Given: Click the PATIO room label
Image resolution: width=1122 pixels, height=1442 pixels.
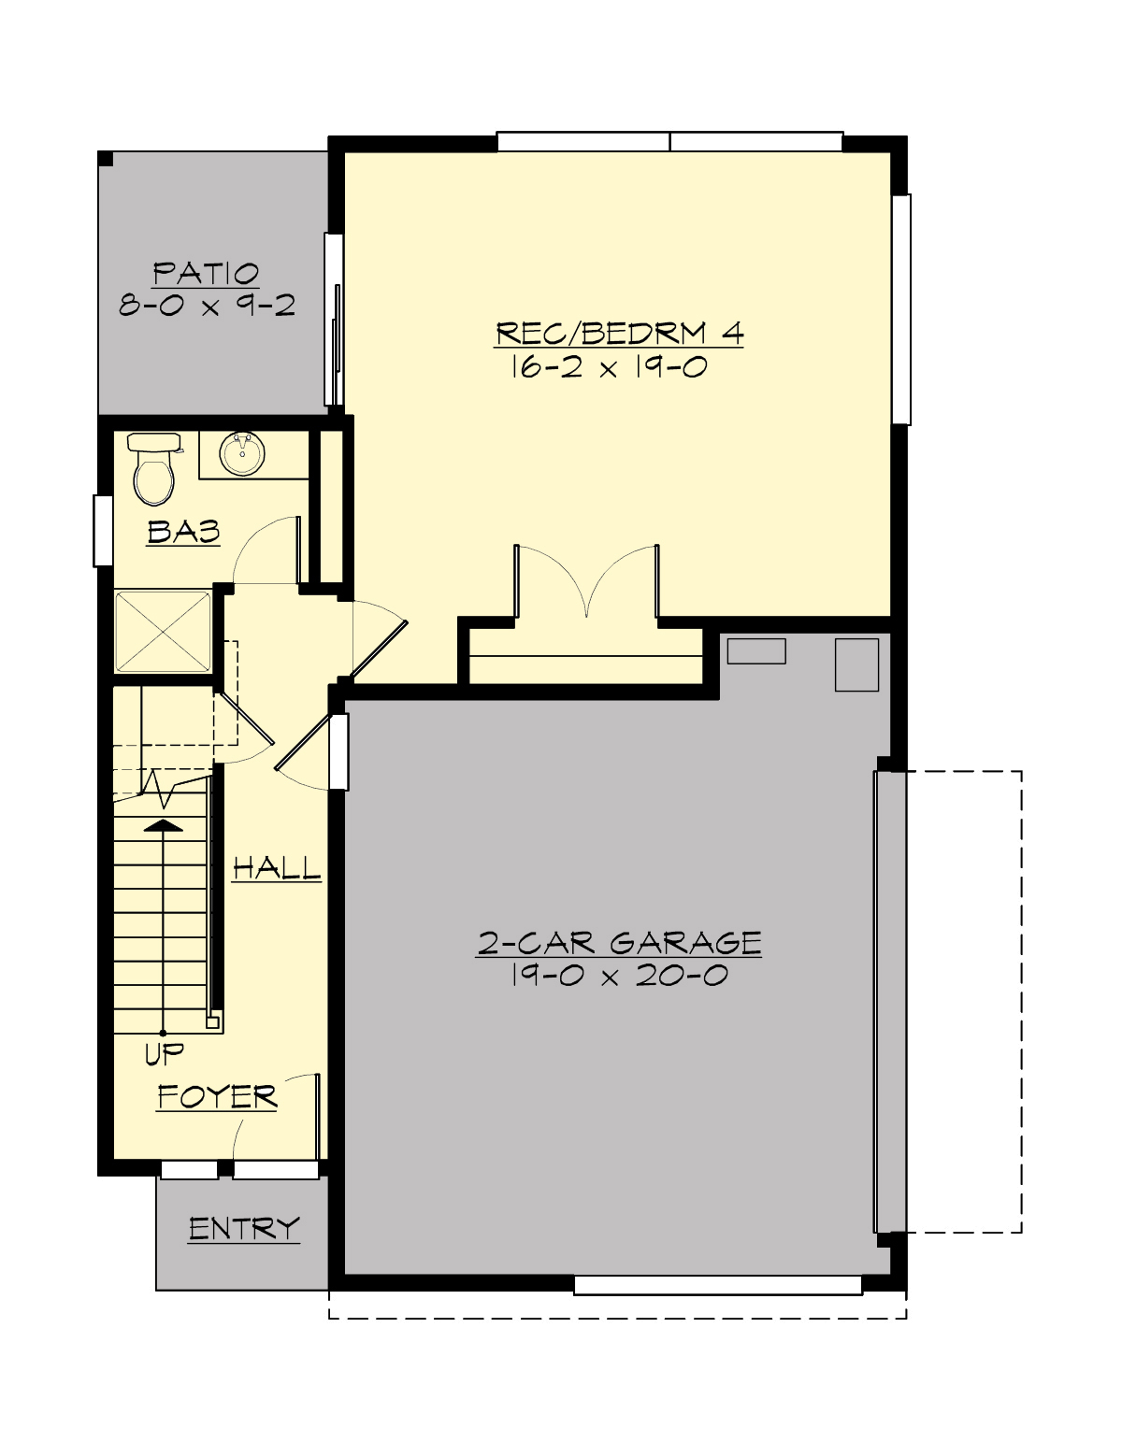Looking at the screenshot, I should [206, 274].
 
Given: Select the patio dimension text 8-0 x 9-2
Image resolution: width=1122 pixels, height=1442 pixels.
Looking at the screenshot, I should [207, 305].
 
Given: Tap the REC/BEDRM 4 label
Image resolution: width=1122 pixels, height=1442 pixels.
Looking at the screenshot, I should [619, 334].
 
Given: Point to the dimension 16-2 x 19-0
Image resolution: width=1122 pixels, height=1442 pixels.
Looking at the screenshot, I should [608, 366].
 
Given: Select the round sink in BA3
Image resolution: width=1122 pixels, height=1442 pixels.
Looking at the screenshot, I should [242, 454].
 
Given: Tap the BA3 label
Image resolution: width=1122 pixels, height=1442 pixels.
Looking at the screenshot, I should [183, 532].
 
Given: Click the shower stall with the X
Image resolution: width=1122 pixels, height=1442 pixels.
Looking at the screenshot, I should [163, 631].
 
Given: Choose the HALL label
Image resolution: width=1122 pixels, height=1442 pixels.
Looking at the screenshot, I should [277, 868].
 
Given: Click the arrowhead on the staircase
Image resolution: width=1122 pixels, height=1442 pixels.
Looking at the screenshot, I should [164, 825].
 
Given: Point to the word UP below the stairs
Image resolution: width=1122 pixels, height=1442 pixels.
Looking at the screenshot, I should [165, 1055].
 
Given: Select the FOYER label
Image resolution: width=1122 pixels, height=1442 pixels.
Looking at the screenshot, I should [217, 1096].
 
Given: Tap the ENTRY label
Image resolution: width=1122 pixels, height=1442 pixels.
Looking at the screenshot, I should [244, 1229].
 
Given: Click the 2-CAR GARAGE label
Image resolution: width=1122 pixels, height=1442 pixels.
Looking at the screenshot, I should [619, 943].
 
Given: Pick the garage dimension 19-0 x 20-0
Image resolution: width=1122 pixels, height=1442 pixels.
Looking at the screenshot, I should [619, 977].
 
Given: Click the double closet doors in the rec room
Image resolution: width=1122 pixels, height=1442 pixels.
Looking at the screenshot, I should [586, 584].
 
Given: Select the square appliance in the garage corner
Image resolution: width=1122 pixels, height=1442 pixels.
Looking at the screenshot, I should [856, 664].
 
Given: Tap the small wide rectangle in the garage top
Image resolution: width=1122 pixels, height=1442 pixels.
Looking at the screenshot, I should [756, 651].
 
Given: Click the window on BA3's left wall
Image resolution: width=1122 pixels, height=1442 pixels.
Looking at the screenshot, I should [103, 531].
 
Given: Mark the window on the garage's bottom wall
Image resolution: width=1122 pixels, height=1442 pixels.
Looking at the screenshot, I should [717, 1286].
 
